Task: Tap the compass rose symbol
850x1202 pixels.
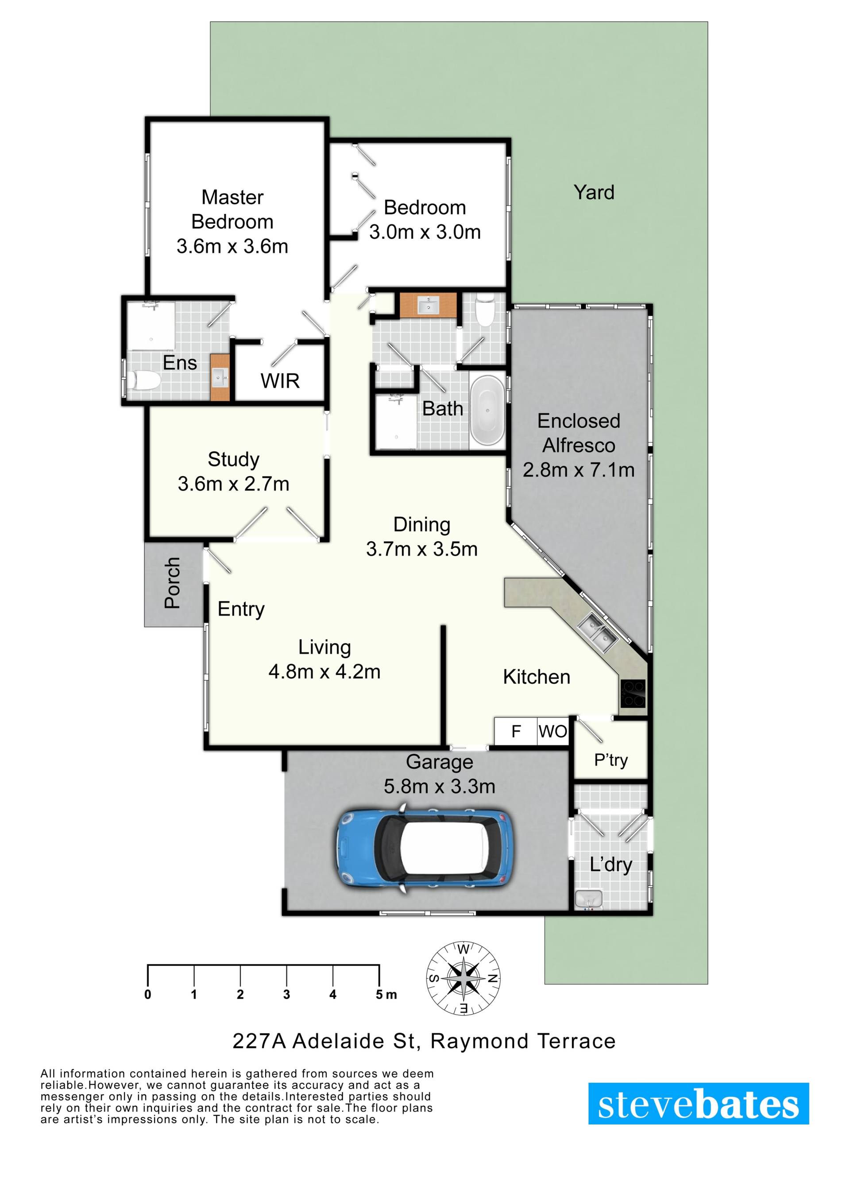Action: tap(464, 978)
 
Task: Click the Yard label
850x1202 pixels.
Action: tap(594, 192)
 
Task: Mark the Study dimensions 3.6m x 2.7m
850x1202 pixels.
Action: tap(233, 484)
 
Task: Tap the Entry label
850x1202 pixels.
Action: tap(241, 609)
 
